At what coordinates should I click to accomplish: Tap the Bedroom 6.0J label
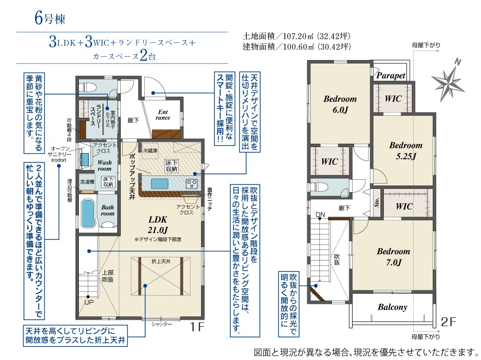pos(340,104)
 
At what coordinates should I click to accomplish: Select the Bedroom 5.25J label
pos(405,150)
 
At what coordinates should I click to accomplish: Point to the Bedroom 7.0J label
pos(393,257)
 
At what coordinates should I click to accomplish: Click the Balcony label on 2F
pos(392,307)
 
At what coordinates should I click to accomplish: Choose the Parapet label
pos(391,75)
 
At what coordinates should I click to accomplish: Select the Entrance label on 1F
pos(163,115)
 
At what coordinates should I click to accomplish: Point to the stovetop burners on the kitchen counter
pos(191,183)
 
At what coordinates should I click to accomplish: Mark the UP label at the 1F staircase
pos(89,302)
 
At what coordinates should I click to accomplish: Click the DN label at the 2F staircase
pos(320,214)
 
